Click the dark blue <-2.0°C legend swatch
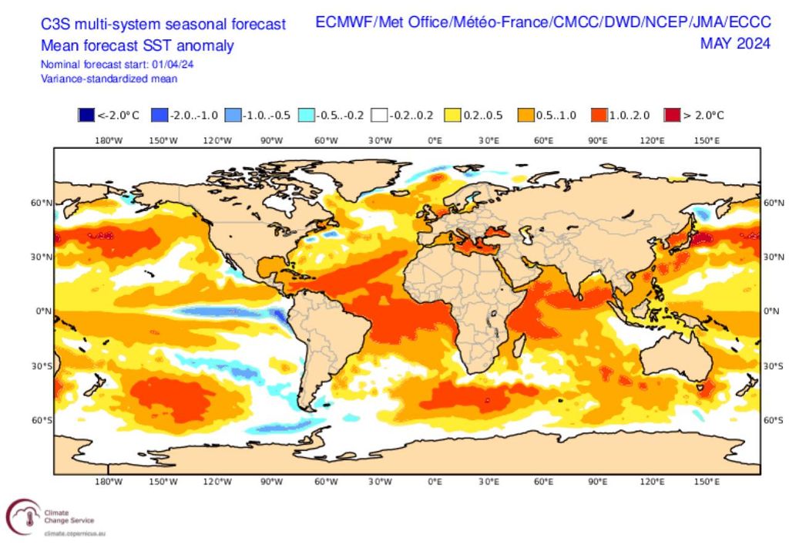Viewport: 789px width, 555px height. [x=86, y=116]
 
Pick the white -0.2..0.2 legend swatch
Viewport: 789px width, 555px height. [x=378, y=116]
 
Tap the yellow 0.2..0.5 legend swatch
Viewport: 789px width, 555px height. [x=452, y=116]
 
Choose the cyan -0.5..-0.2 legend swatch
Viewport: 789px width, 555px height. [x=305, y=116]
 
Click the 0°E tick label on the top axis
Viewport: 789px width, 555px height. [x=435, y=140]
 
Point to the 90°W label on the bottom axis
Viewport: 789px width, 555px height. [x=271, y=482]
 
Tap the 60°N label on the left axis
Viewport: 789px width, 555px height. [x=39, y=203]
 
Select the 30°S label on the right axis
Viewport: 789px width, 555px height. [x=772, y=365]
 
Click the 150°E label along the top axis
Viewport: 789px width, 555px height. [x=707, y=140]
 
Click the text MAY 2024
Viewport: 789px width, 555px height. [x=735, y=43]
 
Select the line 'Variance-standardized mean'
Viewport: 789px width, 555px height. [x=109, y=78]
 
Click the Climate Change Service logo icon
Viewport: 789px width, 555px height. [x=22, y=515]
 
